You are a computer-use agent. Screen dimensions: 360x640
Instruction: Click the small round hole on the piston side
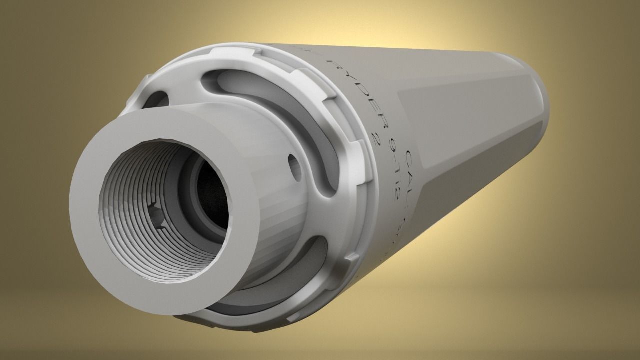pos(293,166)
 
